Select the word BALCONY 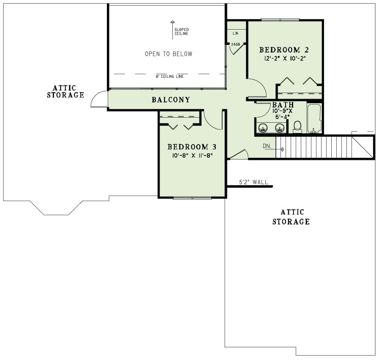point(171,100)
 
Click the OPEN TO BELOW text point(168,54)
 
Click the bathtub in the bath point(314,118)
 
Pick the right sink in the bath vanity point(279,127)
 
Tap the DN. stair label point(267,146)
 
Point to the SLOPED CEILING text point(182,31)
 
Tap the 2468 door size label point(235,44)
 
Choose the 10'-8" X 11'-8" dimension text point(192,155)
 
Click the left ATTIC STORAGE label point(65,91)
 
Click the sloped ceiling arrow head point(172,22)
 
